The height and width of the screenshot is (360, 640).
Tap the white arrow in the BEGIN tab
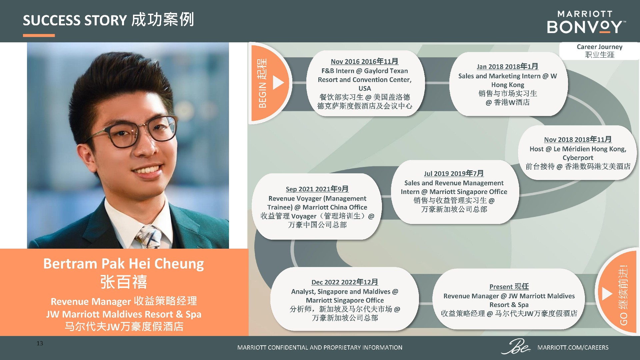pyautogui.click(x=278, y=82)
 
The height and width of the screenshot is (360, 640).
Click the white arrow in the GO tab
pyautogui.click(x=607, y=293)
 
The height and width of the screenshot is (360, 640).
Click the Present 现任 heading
pyautogui.click(x=509, y=287)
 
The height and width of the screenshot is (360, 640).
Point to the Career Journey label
pyautogui.click(x=599, y=47)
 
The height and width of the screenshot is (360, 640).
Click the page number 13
pyautogui.click(x=40, y=343)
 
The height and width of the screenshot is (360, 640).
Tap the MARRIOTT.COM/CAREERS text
pyautogui.click(x=573, y=347)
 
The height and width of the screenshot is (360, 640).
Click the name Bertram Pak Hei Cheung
pyautogui.click(x=124, y=264)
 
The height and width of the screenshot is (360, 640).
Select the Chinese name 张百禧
pyautogui.click(x=124, y=282)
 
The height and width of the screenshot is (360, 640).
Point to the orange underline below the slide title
pyautogui.click(x=39, y=35)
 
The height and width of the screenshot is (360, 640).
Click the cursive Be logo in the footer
pyautogui.click(x=516, y=346)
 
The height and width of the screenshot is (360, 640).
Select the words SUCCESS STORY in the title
pyautogui.click(x=75, y=20)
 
